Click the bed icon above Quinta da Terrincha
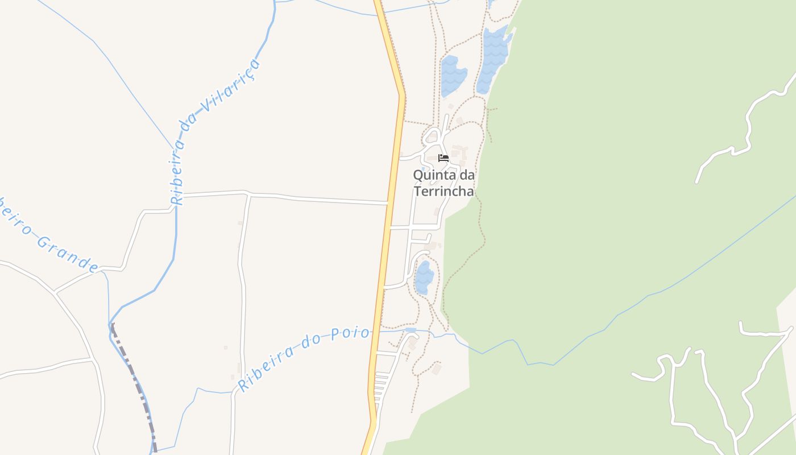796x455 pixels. pos(443,158)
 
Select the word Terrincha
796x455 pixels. pos(443,191)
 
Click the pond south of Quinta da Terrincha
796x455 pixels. pos(424,278)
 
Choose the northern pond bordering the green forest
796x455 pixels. pos(492,60)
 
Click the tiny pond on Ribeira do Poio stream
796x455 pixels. pos(411,330)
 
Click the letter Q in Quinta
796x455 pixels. pos(418,175)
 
